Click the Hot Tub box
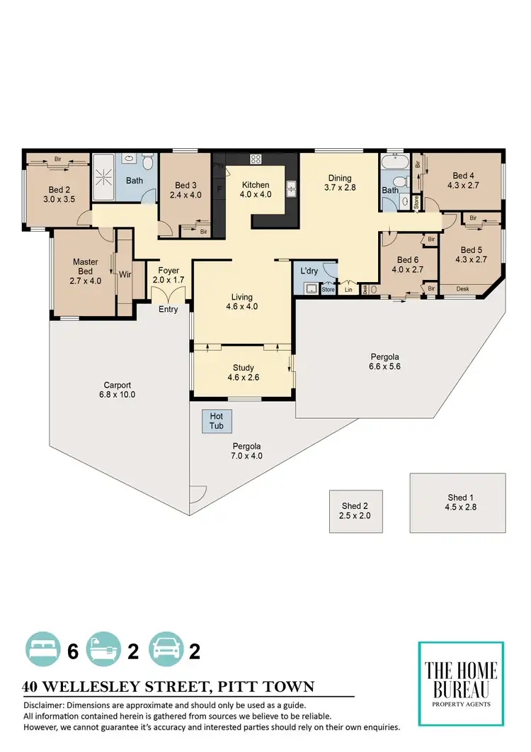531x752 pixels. [x=217, y=422]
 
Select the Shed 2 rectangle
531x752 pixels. [x=355, y=511]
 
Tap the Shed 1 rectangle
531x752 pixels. [x=457, y=502]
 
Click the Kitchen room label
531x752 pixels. [x=255, y=185]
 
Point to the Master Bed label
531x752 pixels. [x=85, y=266]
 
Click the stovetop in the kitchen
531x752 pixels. [x=256, y=159]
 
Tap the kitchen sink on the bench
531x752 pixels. [x=291, y=189]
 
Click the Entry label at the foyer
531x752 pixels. [x=169, y=309]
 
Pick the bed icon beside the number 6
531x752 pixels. [x=44, y=651]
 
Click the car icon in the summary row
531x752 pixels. [x=167, y=651]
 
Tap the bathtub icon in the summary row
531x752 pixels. [x=104, y=651]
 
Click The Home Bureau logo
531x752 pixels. [x=461, y=683]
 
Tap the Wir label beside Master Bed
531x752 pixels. [x=125, y=274]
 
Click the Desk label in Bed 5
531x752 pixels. [x=462, y=288]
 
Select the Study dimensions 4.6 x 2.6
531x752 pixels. [x=243, y=378]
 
